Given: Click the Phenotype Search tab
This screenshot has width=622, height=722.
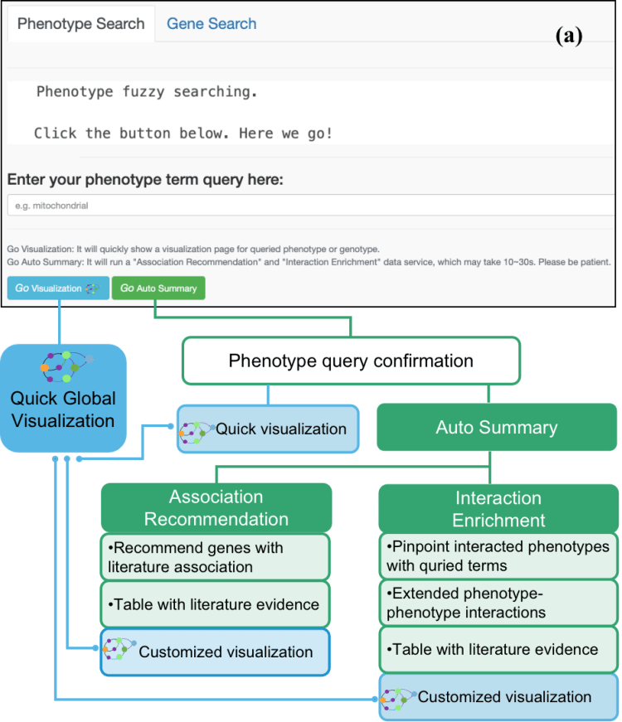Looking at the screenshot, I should click(x=80, y=24).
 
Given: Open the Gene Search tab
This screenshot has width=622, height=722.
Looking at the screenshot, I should click(x=211, y=24).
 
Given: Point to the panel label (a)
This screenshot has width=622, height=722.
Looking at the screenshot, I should click(x=569, y=36).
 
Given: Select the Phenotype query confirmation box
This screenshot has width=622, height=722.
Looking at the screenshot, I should click(x=351, y=361).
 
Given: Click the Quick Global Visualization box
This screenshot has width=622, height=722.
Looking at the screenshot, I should click(x=63, y=398).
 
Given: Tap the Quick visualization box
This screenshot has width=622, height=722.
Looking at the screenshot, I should click(x=267, y=429).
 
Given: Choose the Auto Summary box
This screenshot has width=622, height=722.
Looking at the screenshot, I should click(x=497, y=429).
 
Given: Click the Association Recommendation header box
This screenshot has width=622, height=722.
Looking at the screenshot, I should click(x=216, y=507).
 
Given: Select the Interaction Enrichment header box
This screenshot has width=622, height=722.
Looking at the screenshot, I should click(x=498, y=508).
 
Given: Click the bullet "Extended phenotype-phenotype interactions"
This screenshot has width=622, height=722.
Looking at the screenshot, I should click(x=469, y=603).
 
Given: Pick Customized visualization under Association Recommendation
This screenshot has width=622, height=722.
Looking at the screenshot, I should click(x=215, y=652).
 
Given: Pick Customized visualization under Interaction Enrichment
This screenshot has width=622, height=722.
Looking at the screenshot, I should click(x=498, y=696).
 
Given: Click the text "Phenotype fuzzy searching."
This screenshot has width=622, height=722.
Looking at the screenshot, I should click(x=147, y=92).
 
